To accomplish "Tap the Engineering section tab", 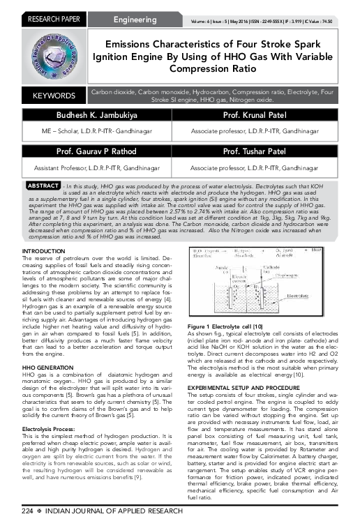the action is pos(135,20).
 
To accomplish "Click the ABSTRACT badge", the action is pos(43,186).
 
